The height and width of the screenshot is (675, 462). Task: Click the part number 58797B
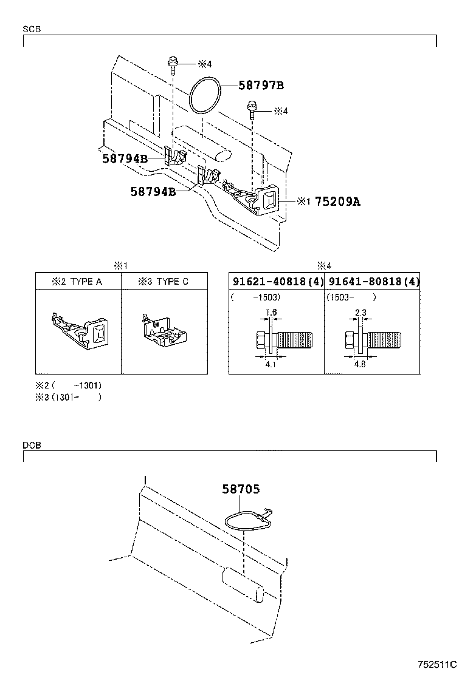pos(261,86)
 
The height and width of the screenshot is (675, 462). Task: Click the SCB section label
pos(32,29)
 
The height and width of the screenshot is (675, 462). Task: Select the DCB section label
pos(32,445)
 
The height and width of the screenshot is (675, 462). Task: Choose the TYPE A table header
pos(78,282)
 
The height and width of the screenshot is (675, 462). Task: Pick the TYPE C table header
pos(163,282)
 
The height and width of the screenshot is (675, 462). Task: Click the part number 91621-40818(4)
pos(277,282)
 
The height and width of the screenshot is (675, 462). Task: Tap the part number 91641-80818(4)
pos(373,282)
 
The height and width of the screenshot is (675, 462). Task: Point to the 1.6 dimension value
pos(271,313)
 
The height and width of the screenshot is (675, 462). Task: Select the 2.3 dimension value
pos(360,313)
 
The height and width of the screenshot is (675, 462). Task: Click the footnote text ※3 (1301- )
pos(68,397)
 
